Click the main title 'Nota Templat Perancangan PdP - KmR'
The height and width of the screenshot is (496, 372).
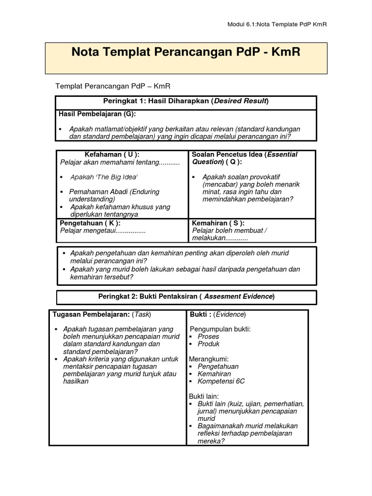pyautogui.click(x=186, y=52)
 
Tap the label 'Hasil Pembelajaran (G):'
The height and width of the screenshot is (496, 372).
pyautogui.click(x=97, y=114)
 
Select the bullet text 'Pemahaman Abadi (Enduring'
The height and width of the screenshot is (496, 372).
pyautogui.click(x=114, y=192)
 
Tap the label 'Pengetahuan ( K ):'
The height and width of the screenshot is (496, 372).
pyautogui.click(x=90, y=223)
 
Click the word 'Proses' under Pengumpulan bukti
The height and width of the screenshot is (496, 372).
pyautogui.click(x=208, y=336)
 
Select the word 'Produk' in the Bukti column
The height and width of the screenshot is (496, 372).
pyautogui.click(x=209, y=344)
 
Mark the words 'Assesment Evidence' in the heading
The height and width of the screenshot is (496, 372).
pyautogui.click(x=239, y=296)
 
